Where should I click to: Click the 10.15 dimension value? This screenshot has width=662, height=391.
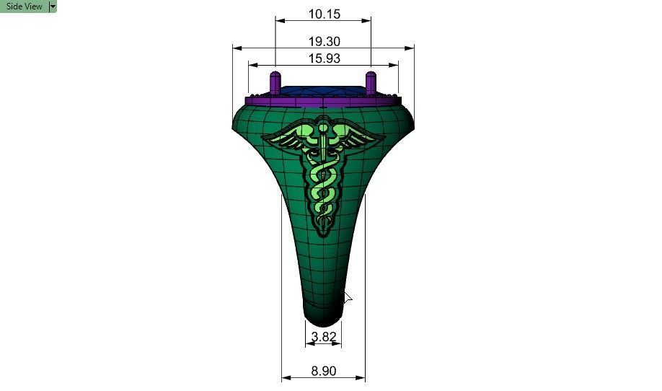[x=324, y=14]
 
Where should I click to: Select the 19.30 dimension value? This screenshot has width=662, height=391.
[x=324, y=42]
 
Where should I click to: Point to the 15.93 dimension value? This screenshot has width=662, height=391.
[x=324, y=58]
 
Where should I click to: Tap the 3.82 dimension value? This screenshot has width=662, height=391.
[x=324, y=337]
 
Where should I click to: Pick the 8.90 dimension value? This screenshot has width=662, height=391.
[x=324, y=371]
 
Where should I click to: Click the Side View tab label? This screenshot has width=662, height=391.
[x=24, y=6]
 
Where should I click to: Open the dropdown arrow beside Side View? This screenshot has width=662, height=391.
[x=53, y=6]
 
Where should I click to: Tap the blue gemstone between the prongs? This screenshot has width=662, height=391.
[x=322, y=91]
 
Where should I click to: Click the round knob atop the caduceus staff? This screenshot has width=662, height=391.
[x=323, y=128]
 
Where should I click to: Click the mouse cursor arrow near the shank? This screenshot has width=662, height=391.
[x=347, y=297]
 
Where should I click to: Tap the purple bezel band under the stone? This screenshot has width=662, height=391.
[x=322, y=100]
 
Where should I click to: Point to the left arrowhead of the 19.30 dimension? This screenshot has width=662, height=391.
[x=235, y=48]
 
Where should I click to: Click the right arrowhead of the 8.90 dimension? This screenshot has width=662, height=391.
[x=362, y=377]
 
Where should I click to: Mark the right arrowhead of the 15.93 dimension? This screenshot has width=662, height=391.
[x=395, y=65]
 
